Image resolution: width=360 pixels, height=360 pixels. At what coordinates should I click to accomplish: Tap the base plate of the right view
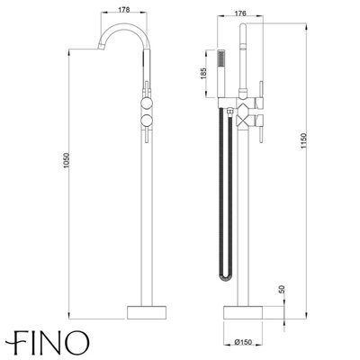click(242, 310)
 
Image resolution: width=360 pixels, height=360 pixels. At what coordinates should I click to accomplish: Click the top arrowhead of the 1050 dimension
click(70, 51)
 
